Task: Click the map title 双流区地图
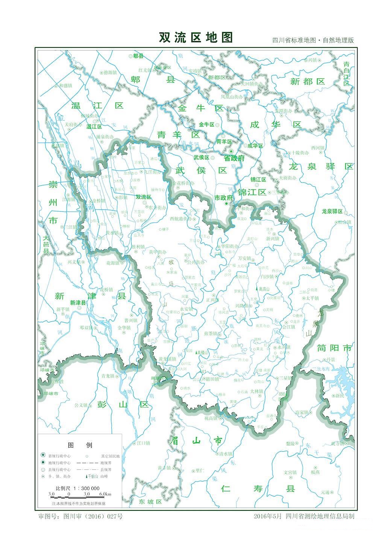point(196,38)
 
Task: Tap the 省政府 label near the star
point(234,158)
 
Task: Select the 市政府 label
point(224,197)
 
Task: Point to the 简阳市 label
point(334,348)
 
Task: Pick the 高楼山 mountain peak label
point(202,353)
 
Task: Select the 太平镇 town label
point(312,298)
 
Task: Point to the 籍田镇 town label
point(212,379)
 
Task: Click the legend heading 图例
point(79,445)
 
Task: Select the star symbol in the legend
point(44,456)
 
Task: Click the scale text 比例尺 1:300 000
point(77,488)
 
